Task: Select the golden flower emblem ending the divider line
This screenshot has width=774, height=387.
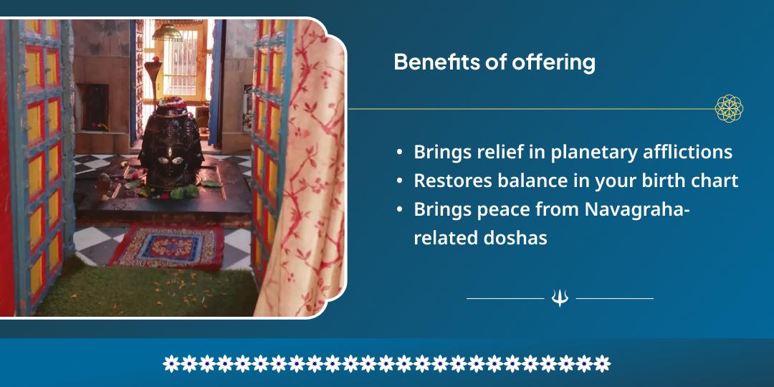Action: tap(729, 109)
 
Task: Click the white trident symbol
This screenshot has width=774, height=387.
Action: tap(560, 298)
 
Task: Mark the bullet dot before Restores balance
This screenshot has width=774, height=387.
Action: tap(399, 181)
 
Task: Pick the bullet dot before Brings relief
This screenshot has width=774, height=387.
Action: tap(399, 153)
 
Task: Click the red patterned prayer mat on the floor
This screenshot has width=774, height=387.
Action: tap(167, 245)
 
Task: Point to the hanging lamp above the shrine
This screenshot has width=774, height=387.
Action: tap(167, 32)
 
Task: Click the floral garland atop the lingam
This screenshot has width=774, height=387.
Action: tap(171, 103)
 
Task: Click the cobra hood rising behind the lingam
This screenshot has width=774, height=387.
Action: tap(153, 74)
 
